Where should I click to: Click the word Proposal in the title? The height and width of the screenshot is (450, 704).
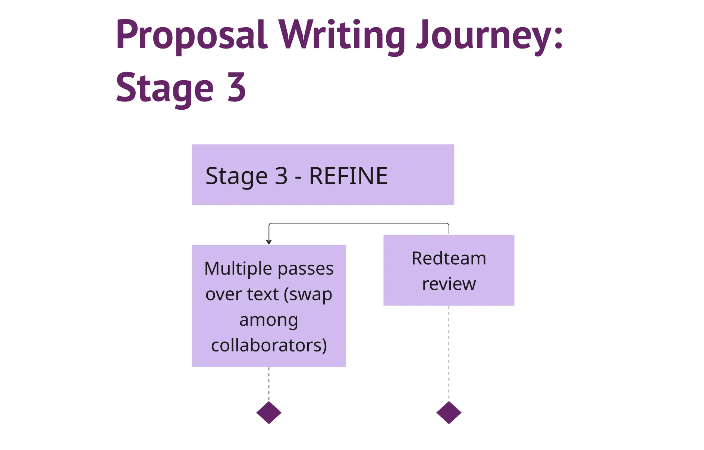(191, 35)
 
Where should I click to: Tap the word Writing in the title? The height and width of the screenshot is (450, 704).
(342, 35)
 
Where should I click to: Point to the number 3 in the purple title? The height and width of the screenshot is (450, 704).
(236, 87)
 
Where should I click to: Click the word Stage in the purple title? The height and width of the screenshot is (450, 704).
(164, 88)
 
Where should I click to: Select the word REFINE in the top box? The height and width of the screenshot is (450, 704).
(348, 176)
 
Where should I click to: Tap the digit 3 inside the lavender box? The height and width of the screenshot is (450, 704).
(281, 176)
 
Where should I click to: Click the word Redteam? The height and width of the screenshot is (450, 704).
(449, 258)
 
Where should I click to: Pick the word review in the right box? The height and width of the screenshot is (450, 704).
(449, 284)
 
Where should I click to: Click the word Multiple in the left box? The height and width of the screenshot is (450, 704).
(238, 269)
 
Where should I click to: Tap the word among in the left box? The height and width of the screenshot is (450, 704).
(268, 320)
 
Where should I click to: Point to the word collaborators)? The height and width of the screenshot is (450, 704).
(269, 345)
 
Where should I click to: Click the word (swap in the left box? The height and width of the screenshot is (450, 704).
(308, 294)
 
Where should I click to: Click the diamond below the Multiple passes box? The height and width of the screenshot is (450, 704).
(269, 412)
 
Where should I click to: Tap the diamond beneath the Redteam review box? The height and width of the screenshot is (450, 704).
(449, 412)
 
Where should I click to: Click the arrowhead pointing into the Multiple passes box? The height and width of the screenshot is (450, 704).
(269, 242)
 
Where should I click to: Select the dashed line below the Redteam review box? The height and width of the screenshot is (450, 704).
(449, 353)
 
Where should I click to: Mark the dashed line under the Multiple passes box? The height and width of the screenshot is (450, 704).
(269, 384)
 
